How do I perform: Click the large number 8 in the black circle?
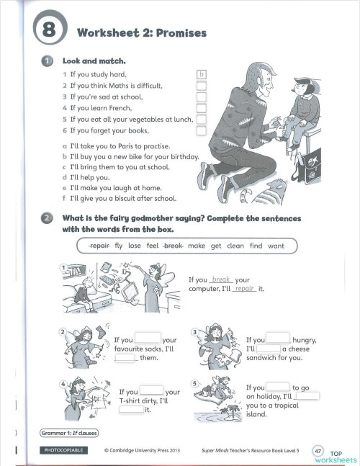(48, 31)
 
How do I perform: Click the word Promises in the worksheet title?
(181, 32)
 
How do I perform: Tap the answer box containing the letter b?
(202, 74)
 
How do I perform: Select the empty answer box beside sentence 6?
(202, 131)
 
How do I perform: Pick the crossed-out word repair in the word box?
(98, 246)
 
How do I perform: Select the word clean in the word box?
(235, 246)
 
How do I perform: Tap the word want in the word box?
(276, 246)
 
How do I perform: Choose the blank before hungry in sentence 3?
(278, 338)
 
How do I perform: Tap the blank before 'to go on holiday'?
(278, 387)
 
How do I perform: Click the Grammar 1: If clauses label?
(69, 433)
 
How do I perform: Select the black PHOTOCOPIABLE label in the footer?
(61, 450)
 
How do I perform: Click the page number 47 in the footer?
(318, 450)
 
